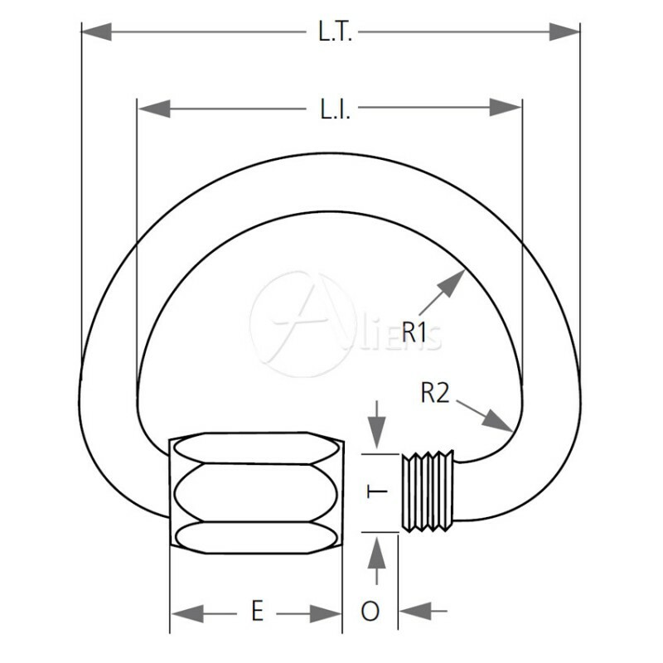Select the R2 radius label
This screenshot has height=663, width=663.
point(434,392)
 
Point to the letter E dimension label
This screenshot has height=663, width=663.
point(258,612)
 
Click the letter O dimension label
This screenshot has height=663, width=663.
point(370,612)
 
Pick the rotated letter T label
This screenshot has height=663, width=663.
point(377,492)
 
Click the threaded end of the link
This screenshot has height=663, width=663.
point(428,491)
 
